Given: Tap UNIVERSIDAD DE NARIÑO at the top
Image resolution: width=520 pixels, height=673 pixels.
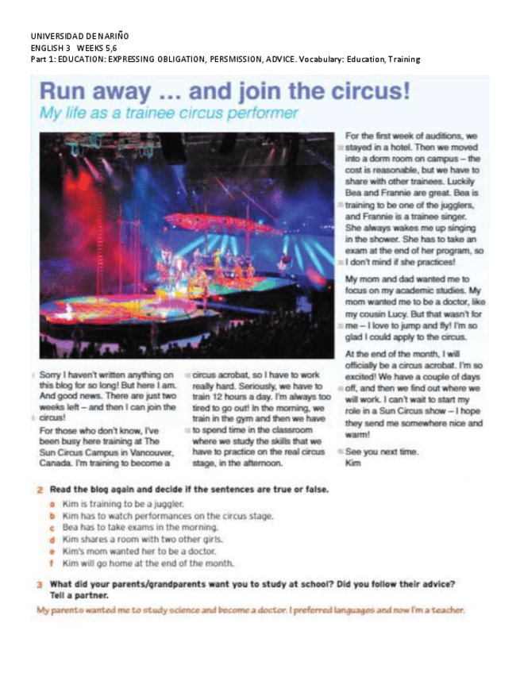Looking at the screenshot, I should coord(79,37).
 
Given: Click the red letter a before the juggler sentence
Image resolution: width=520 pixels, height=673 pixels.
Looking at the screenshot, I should coord(52,504).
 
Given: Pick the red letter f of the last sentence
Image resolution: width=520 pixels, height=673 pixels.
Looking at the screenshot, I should coord(52,563).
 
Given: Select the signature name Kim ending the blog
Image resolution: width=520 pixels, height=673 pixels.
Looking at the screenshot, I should coord(353,463).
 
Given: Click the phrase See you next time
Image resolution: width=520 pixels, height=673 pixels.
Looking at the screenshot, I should coord(383,452).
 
